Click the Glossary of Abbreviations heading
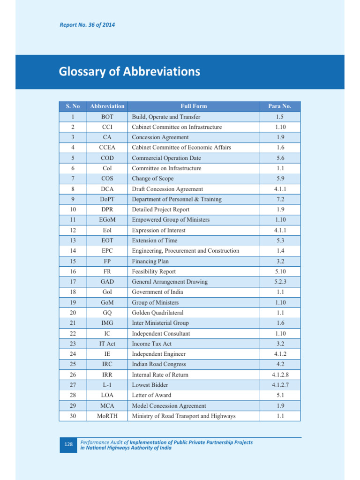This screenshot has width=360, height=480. pos(129,72)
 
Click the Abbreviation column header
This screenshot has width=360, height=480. pos(107,106)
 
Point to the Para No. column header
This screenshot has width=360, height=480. pos(280,106)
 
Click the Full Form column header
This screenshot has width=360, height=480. pos(194,106)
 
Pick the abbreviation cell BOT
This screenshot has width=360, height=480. pos(107,117)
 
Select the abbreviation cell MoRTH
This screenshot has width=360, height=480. pos(107,416)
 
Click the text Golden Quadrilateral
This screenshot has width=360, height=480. pos(157,313)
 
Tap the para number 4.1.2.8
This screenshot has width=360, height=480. pos(280,375)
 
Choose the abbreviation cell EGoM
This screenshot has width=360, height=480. pos(107,220)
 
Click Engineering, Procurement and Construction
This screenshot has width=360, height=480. pos(186,251)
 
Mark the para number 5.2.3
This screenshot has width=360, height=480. pos(280,282)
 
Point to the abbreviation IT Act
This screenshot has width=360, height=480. pos(107,344)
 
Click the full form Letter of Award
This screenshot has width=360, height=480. pos(152,395)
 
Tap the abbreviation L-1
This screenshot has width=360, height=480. pos(107,385)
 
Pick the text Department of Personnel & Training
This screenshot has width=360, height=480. pos(177,199)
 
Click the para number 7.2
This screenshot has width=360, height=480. pos(280,199)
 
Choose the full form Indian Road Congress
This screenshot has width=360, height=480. pos(159,364)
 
